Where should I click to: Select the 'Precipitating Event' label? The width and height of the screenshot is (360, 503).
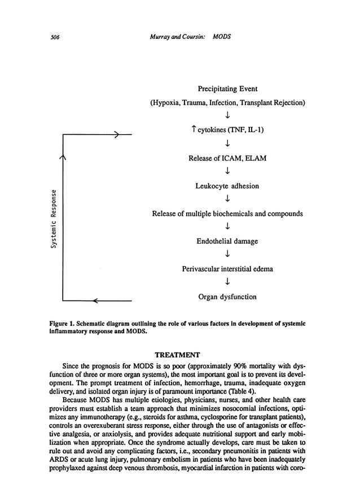coord(227,89)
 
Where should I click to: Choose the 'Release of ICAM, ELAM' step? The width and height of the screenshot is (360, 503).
coord(227,158)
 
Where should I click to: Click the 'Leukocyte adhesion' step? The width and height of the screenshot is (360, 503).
coord(227,186)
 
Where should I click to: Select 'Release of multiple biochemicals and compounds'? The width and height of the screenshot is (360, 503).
coord(227,214)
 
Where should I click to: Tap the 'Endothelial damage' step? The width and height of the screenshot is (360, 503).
coord(227,241)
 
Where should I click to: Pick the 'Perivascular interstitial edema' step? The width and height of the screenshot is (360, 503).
coord(227,269)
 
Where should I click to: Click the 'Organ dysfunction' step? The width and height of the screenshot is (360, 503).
coord(227,297)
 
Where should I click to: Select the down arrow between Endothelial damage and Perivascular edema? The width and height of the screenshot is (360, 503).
coord(227,255)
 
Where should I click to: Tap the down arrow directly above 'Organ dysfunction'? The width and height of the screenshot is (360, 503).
coord(227,283)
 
